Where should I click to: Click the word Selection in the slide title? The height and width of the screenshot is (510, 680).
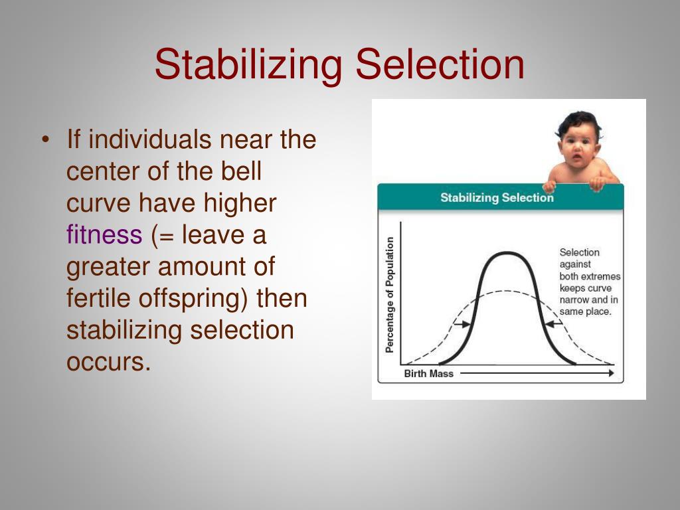click(x=440, y=64)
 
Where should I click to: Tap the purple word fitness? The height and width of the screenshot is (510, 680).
click(x=104, y=235)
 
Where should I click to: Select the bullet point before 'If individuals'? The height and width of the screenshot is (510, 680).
click(x=45, y=140)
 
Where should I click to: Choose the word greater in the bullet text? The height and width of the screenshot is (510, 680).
click(x=108, y=266)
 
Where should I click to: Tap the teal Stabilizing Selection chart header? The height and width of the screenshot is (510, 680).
click(x=497, y=198)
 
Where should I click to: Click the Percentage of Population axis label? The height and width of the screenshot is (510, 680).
click(x=390, y=295)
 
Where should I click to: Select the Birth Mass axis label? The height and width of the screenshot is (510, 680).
click(x=428, y=374)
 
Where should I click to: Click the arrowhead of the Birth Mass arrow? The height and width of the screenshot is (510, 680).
click(x=610, y=374)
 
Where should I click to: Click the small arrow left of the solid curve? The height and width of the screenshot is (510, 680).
click(x=462, y=324)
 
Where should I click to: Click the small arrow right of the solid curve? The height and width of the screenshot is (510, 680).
click(x=552, y=323)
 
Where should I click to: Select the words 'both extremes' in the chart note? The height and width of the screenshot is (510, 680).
click(x=590, y=277)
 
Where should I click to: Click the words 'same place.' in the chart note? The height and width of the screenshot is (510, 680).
click(x=585, y=311)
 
